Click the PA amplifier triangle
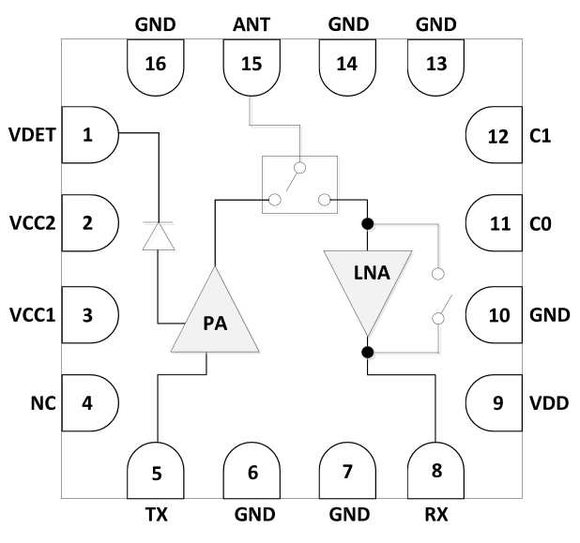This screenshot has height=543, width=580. click(x=215, y=314)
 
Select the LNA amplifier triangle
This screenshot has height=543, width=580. click(x=367, y=284)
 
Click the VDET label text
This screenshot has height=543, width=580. click(x=32, y=134)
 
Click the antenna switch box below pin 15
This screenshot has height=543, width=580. click(x=298, y=184)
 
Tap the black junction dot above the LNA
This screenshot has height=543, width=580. click(x=367, y=224)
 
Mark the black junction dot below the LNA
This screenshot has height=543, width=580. click(x=367, y=352)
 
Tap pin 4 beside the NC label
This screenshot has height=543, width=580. click(x=89, y=404)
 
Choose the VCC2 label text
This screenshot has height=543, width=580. click(x=31, y=223)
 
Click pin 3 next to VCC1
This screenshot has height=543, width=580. click(x=89, y=314)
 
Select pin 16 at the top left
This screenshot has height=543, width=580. click(x=155, y=66)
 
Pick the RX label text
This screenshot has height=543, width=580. click(x=436, y=514)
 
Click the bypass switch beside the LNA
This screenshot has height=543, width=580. click(x=437, y=296)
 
